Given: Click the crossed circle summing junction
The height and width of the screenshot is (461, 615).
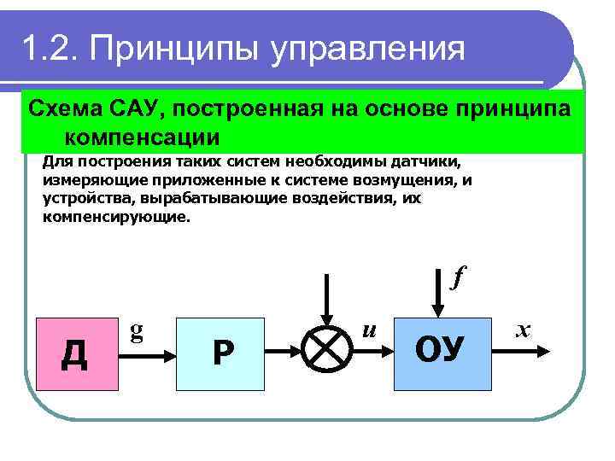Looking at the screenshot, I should click(330, 349).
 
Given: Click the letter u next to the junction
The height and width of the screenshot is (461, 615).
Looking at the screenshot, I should click(369, 327).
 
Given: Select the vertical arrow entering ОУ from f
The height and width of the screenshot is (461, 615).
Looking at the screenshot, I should click(437, 299).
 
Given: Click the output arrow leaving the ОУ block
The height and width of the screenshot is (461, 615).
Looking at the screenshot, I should click(521, 349).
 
